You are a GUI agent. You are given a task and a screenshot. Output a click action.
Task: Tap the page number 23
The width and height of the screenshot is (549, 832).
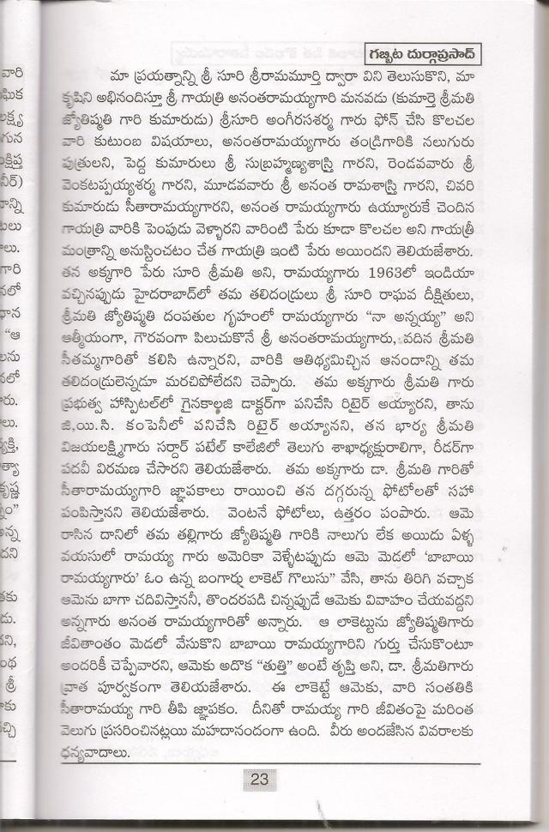260,779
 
